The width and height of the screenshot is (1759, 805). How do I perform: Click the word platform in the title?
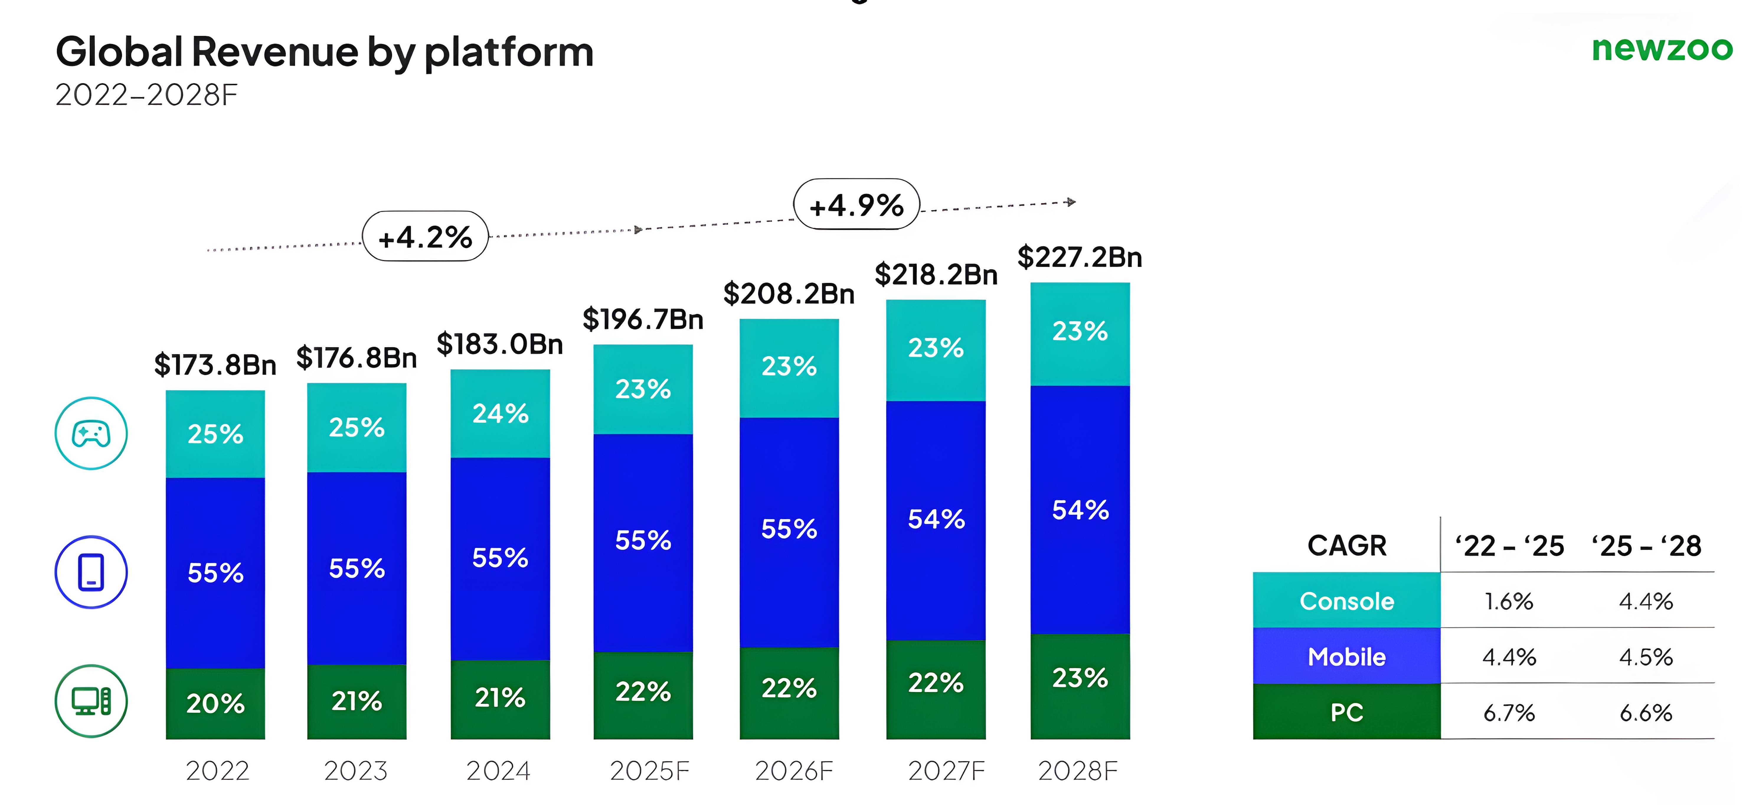(509, 53)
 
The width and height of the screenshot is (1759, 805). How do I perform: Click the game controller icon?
(91, 433)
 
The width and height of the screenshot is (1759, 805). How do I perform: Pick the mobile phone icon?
(91, 572)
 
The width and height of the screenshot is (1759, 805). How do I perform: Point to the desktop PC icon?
(91, 700)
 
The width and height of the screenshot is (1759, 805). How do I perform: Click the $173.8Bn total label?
(215, 365)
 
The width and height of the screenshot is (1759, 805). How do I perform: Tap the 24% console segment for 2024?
(500, 414)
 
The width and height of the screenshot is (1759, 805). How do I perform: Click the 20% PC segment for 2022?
(215, 703)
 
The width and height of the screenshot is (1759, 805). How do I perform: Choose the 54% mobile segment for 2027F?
(936, 519)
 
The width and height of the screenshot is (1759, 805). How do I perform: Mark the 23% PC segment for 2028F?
(1080, 678)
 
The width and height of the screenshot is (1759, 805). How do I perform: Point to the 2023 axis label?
(356, 771)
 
